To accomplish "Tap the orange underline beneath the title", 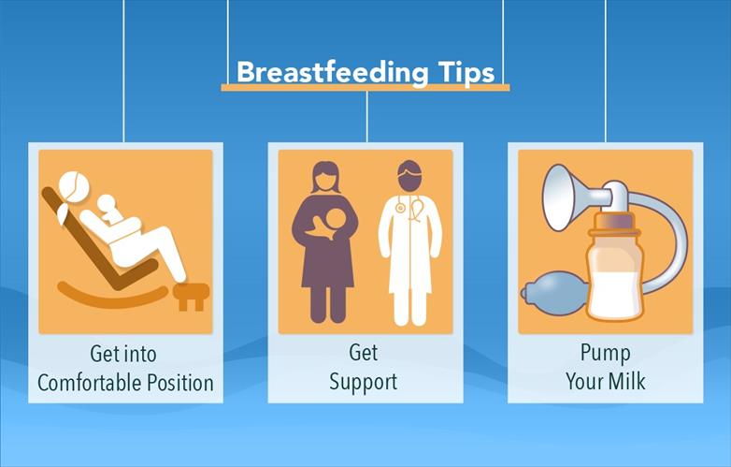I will point(365,88).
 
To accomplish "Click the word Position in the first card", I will point(181,383).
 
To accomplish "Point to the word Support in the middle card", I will point(364,382).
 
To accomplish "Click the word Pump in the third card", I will point(605,354).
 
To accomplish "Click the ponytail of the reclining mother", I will point(63,212).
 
